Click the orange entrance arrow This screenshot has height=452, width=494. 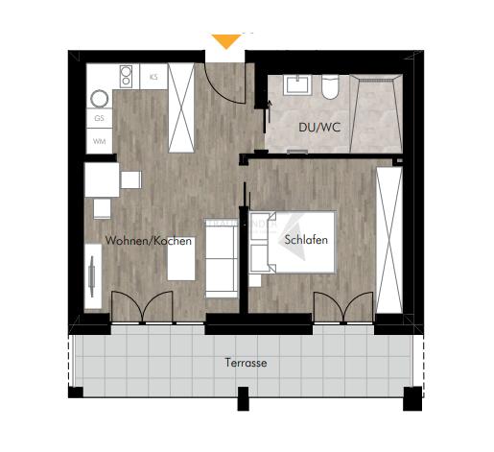click(x=226, y=41)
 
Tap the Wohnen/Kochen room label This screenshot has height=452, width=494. click(x=149, y=242)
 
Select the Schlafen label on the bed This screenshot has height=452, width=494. click(x=307, y=241)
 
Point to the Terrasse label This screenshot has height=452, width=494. click(x=247, y=364)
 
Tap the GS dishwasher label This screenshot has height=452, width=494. click(x=99, y=119)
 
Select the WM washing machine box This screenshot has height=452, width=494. click(x=99, y=140)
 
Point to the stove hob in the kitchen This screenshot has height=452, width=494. click(x=125, y=76)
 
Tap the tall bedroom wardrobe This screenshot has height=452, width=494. click(x=388, y=238)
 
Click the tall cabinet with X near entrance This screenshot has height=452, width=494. click(x=181, y=107)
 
